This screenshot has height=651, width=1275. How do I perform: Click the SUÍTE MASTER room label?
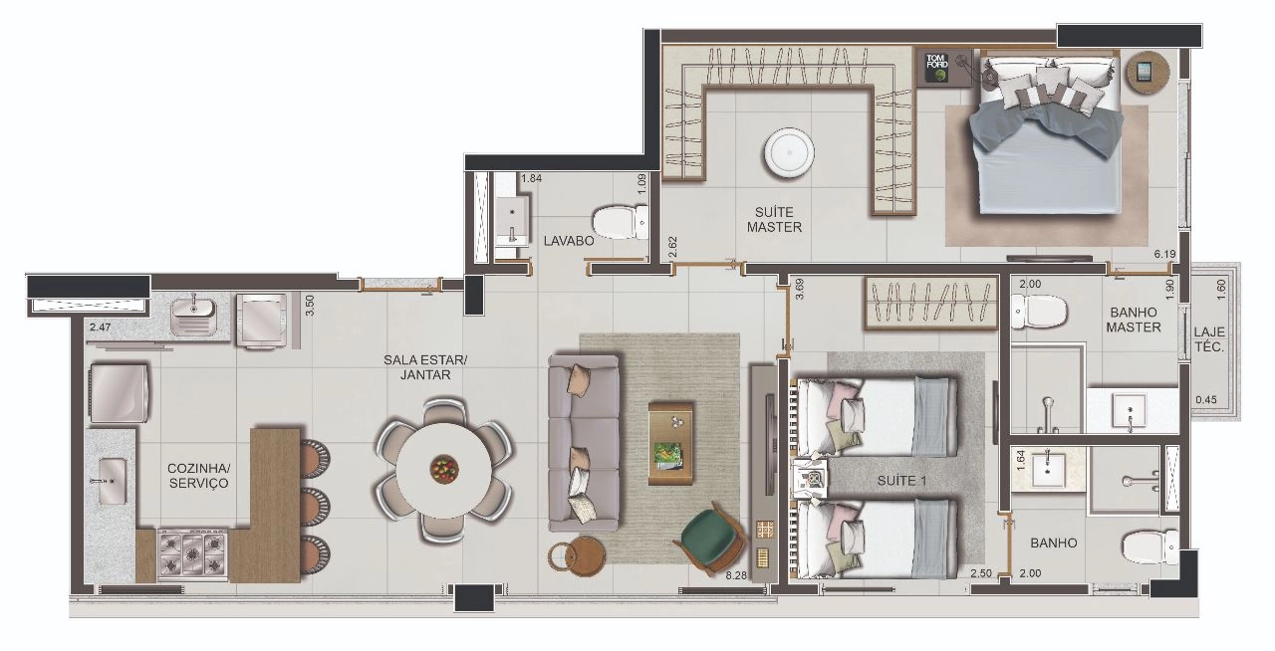tap(774, 220)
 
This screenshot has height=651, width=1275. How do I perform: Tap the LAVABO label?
tap(569, 241)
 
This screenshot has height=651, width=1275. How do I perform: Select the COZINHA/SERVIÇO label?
tap(198, 476)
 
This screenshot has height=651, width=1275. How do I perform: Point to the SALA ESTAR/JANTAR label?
tap(425, 367)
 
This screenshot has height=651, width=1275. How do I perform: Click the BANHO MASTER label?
tap(1134, 320)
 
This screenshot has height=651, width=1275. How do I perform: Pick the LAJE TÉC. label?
tap(1209, 339)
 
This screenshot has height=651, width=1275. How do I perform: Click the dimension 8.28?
tap(736, 575)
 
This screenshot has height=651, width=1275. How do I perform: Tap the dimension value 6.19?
tap(1165, 255)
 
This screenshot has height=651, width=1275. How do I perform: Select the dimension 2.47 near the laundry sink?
tap(101, 327)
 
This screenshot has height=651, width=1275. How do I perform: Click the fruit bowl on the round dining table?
tap(444, 470)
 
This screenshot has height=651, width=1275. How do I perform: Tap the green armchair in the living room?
tap(709, 538)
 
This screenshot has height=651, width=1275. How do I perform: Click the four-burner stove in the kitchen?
tap(192, 554)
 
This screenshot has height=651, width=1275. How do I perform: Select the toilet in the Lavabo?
tap(620, 223)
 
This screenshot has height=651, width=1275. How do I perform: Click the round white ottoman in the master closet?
tap(789, 153)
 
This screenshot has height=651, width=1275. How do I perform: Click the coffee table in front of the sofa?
tap(671, 443)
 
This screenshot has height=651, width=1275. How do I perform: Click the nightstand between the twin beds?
tap(810, 478)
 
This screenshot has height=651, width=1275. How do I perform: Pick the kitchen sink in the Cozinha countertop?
tap(113, 481)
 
